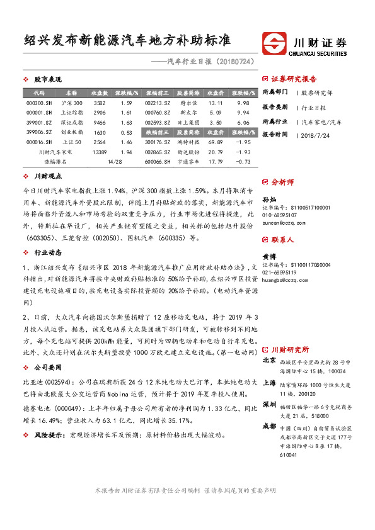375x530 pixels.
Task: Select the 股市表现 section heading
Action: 45,80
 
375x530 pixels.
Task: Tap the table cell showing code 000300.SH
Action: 35,103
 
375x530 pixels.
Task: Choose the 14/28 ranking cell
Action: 115,162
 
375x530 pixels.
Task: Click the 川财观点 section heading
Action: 45,177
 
